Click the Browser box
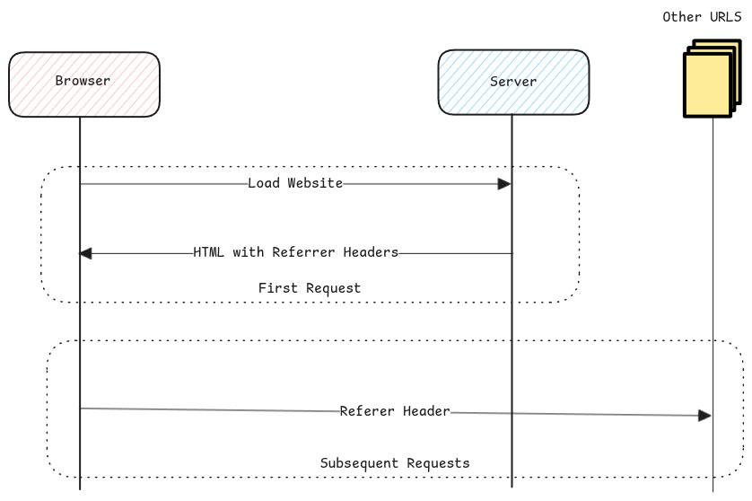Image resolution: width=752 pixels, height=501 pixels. [83, 84]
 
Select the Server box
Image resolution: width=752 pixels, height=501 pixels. [513, 82]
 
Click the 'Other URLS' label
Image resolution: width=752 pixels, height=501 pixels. [702, 17]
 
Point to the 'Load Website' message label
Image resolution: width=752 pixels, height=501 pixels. [295, 183]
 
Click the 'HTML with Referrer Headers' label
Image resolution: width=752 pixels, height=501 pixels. [295, 252]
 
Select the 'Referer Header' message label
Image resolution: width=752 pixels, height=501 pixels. [395, 411]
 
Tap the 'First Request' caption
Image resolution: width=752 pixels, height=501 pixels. [309, 288]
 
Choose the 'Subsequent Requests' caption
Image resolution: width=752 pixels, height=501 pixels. [395, 463]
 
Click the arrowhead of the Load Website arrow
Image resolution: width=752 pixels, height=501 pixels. [504, 184]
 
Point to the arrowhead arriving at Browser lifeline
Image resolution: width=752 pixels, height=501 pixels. [86, 253]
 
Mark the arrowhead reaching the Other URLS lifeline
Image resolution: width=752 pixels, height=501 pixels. [704, 416]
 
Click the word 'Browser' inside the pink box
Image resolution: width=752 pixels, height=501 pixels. [83, 81]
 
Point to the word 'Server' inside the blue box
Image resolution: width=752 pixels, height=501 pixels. [513, 82]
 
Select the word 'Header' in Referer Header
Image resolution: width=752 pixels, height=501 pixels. [425, 411]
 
